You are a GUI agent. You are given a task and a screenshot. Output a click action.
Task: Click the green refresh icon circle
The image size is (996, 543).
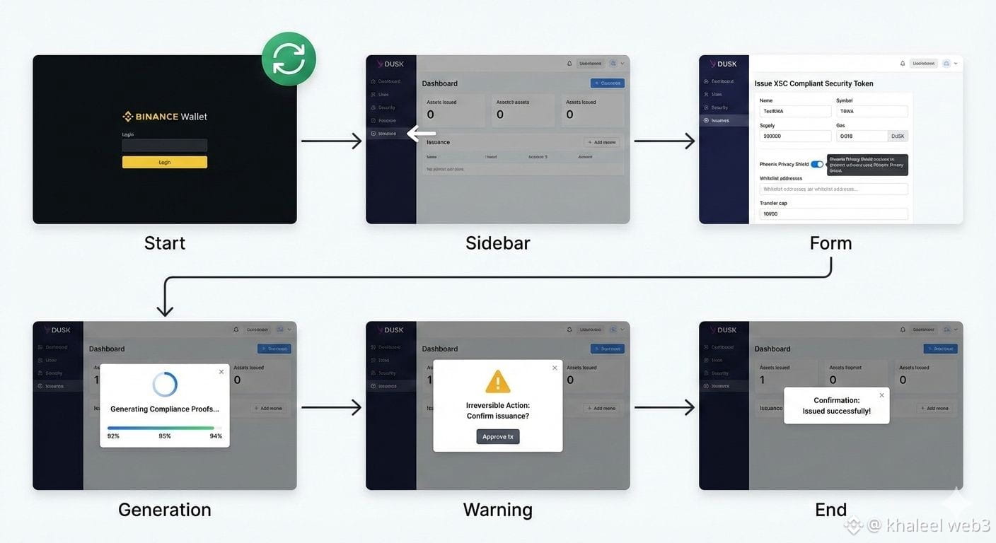[x=289, y=59]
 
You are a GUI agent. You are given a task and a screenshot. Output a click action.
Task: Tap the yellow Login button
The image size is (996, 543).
[x=165, y=162]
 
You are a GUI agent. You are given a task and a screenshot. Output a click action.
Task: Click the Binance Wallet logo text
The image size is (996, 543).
[x=165, y=117]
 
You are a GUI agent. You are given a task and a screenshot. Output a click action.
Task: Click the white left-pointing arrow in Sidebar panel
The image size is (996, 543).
[x=422, y=133]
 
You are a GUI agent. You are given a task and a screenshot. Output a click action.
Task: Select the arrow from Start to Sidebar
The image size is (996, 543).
[x=331, y=141]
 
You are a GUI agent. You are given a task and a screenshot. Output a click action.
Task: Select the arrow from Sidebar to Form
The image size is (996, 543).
[x=664, y=141]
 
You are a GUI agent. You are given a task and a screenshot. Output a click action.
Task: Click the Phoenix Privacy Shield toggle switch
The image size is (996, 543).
[x=817, y=164]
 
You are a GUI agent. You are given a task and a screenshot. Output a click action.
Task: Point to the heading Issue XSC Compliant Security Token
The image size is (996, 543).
[x=813, y=83]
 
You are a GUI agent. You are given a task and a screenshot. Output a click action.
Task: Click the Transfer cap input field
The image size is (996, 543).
[x=833, y=214]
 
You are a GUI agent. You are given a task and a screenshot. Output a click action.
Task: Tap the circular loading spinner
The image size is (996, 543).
[x=165, y=384]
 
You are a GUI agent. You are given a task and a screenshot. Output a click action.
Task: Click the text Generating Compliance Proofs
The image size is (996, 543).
[x=165, y=409]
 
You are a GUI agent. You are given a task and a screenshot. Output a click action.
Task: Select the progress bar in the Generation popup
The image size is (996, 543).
[x=162, y=428]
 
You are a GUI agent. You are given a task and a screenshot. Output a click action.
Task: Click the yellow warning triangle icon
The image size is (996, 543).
[x=498, y=382]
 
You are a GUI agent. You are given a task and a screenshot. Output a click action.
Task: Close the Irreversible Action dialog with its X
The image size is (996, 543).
[x=555, y=368]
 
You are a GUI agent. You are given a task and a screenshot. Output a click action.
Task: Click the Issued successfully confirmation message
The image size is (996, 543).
[x=837, y=406]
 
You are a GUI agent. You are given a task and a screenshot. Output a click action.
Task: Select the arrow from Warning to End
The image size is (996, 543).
[x=664, y=407]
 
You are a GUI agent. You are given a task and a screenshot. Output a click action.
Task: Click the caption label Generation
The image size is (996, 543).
[x=165, y=510]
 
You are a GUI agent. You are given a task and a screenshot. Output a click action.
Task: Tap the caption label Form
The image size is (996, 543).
[x=830, y=243]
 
